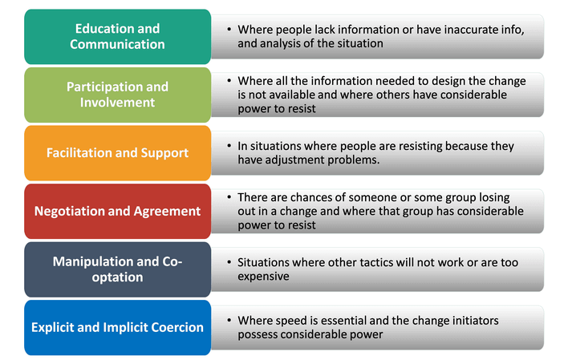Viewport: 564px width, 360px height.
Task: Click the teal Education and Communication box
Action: (x=118, y=37)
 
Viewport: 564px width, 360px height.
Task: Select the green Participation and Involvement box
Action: (x=118, y=95)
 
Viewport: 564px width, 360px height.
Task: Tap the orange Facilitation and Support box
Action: (x=118, y=153)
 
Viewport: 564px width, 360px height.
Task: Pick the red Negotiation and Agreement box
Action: (x=118, y=212)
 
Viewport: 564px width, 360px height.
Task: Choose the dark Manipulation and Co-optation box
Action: (x=118, y=269)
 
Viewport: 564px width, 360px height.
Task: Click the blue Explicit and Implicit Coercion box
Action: (x=118, y=328)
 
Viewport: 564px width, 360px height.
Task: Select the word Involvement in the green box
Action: (x=117, y=103)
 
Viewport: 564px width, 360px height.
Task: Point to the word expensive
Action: (x=263, y=276)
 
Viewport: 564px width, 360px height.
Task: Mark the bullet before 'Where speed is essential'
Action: (x=229, y=320)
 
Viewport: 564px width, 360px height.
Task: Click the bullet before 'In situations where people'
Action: (x=229, y=146)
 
